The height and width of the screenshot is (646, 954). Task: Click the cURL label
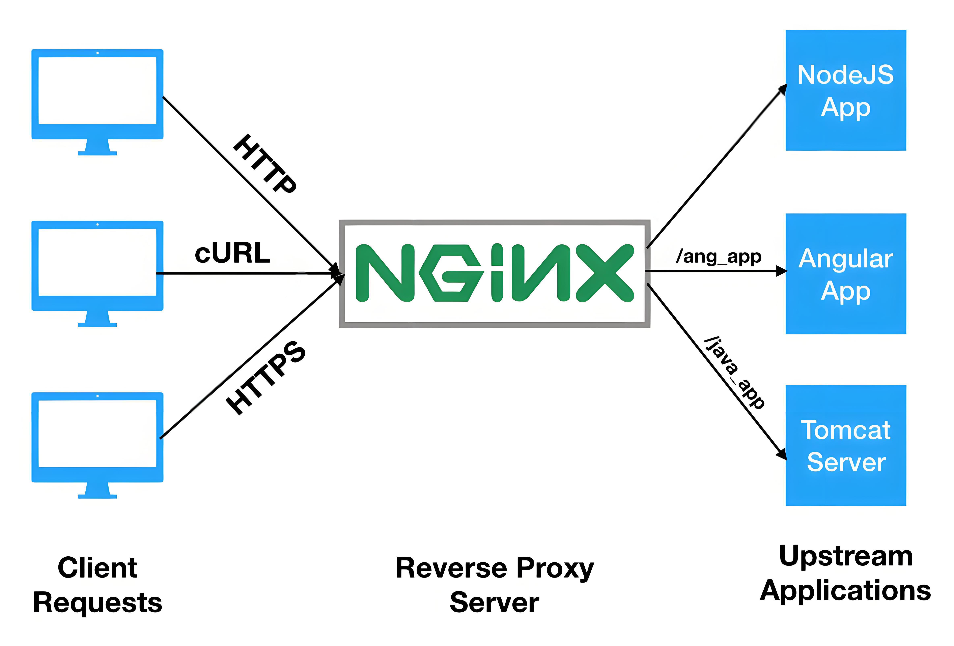tap(232, 253)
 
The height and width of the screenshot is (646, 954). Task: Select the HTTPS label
tap(266, 378)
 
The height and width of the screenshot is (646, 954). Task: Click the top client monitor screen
tap(97, 90)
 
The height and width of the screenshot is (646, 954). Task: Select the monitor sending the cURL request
tap(97, 262)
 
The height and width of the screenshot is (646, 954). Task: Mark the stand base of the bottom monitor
tap(97, 496)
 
